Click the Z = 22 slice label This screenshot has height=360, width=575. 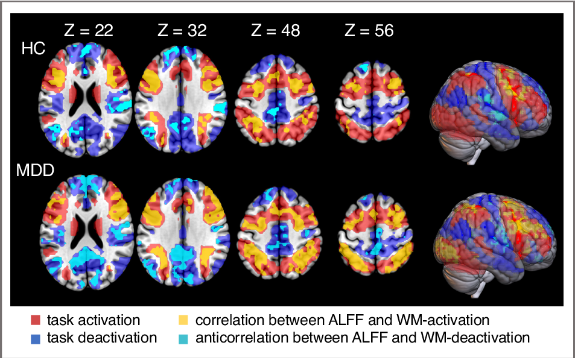[89, 31]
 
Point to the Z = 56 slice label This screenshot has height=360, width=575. [369, 31]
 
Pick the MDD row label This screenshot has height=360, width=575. [36, 171]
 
